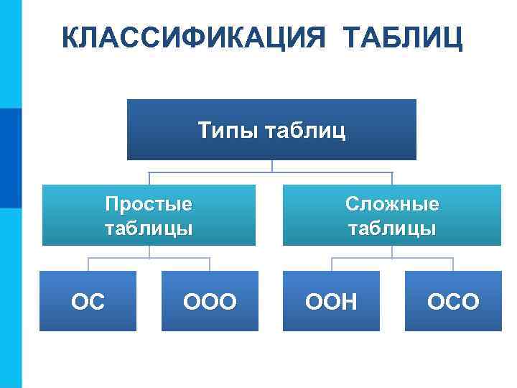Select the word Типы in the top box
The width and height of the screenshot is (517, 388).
tap(229, 131)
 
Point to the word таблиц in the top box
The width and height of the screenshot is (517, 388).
tap(305, 131)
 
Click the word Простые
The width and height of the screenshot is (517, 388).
tap(149, 204)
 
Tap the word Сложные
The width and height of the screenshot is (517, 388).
tap(391, 204)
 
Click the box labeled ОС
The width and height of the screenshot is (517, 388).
tap(88, 301)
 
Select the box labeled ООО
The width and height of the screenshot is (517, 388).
tap(210, 301)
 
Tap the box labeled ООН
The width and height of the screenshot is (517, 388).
tap(331, 301)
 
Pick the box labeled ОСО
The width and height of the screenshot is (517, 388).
tap(452, 301)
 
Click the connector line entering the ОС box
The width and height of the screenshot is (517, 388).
tap(88, 264)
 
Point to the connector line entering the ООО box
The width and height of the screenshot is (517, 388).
tap(210, 264)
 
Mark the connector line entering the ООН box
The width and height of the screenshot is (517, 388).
tap(331, 264)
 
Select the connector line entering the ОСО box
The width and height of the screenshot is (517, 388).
tap(453, 264)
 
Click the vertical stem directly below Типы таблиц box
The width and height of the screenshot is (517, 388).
tap(272, 166)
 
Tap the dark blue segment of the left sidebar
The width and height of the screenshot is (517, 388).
tap(11, 158)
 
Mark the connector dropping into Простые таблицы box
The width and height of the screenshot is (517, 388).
tap(149, 179)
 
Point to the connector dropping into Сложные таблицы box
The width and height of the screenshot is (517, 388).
tap(392, 179)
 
